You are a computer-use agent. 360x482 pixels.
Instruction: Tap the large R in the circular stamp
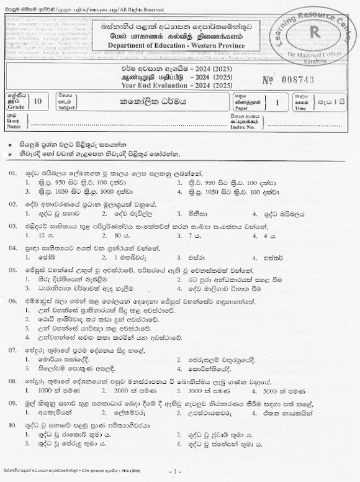(x=313, y=31)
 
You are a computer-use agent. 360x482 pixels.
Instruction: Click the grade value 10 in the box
(x=39, y=101)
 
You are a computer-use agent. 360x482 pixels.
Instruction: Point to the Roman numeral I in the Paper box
(x=276, y=101)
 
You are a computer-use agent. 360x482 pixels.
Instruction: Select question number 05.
(x=12, y=270)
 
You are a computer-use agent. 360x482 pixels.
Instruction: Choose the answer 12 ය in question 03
(x=43, y=236)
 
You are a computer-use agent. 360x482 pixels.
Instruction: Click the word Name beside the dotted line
(x=14, y=126)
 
